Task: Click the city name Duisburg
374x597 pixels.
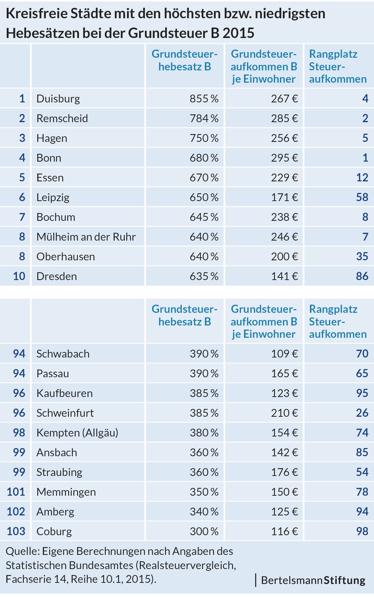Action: click(58, 99)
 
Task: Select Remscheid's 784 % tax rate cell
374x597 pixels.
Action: click(204, 118)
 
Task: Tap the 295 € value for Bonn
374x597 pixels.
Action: click(284, 158)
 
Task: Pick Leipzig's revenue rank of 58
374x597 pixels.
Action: click(362, 197)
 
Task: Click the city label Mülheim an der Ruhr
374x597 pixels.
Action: click(86, 237)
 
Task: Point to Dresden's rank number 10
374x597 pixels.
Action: click(19, 276)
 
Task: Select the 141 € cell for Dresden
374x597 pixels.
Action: click(284, 276)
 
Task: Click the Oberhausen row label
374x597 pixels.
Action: click(66, 257)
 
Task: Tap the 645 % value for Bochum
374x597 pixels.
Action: click(204, 217)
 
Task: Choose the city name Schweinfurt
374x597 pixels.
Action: click(65, 413)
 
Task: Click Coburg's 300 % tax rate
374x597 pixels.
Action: click(204, 531)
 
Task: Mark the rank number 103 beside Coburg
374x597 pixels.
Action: click(16, 531)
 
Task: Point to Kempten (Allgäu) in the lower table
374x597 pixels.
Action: click(77, 433)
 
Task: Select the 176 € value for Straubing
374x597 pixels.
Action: click(284, 472)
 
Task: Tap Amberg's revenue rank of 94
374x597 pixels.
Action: click(362, 512)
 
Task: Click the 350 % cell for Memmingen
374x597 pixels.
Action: click(204, 492)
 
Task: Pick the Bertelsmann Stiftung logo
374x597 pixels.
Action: click(313, 580)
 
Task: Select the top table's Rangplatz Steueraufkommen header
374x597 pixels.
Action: click(337, 66)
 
